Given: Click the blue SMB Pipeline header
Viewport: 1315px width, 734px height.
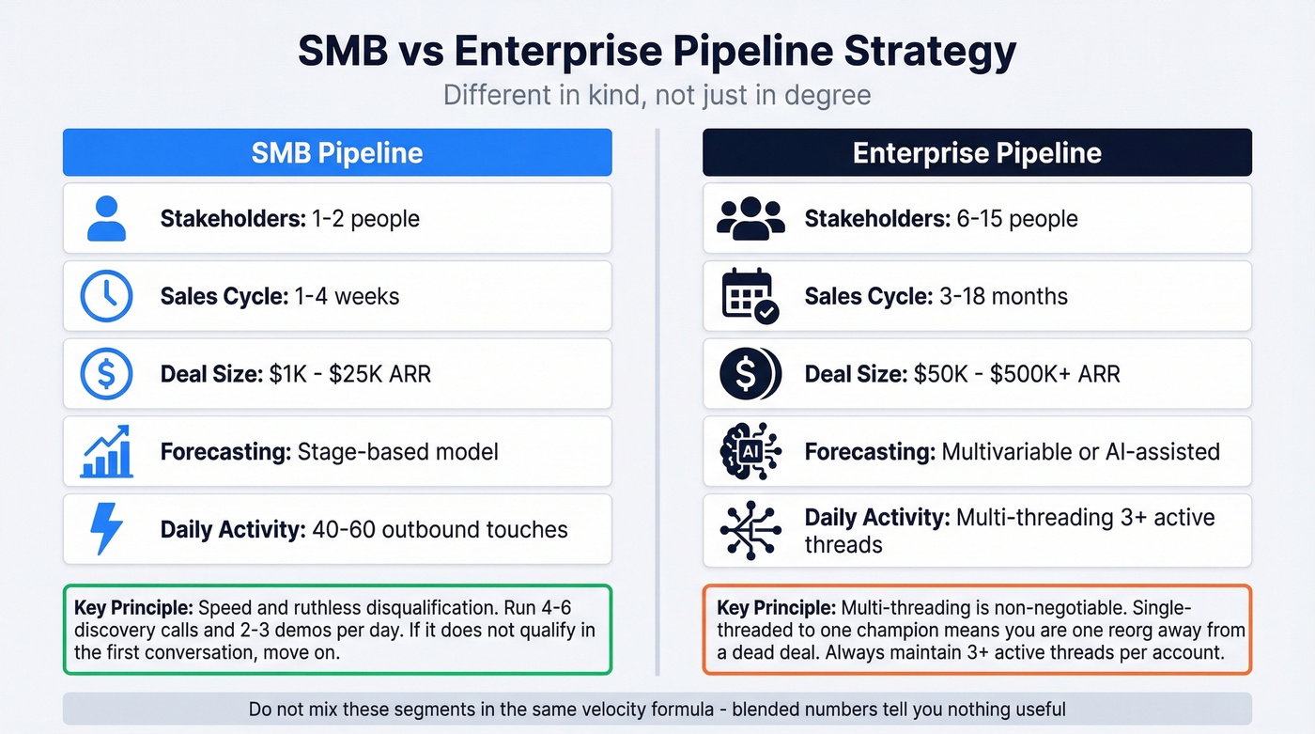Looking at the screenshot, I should [337, 153].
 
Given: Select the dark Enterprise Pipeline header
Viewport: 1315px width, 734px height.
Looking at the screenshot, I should [977, 153].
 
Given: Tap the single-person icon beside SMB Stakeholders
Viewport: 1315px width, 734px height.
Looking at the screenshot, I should [105, 219].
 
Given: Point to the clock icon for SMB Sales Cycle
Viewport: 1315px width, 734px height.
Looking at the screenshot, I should [105, 296].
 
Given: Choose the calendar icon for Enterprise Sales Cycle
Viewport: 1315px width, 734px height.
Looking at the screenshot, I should [750, 296].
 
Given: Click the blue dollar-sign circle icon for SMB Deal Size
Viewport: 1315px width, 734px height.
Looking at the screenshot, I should [105, 374].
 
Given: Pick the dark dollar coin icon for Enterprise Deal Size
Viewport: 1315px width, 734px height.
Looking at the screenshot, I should [750, 374].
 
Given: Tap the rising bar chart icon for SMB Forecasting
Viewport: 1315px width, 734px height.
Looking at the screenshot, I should [105, 451].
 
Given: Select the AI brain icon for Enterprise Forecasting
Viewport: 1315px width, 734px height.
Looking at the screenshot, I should [750, 451].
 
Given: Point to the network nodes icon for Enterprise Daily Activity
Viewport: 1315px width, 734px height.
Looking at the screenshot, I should [750, 530].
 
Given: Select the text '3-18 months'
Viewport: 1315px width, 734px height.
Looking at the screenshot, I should [1003, 297].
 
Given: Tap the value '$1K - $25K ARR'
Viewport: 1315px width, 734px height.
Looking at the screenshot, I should [348, 374].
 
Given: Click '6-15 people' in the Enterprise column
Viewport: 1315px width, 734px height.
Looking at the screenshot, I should [1010, 219].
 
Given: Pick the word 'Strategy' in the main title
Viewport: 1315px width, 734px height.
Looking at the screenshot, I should [929, 52].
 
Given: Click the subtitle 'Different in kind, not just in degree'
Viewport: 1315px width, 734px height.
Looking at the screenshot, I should [657, 96].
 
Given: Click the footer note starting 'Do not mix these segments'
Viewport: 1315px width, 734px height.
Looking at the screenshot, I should [657, 710].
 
